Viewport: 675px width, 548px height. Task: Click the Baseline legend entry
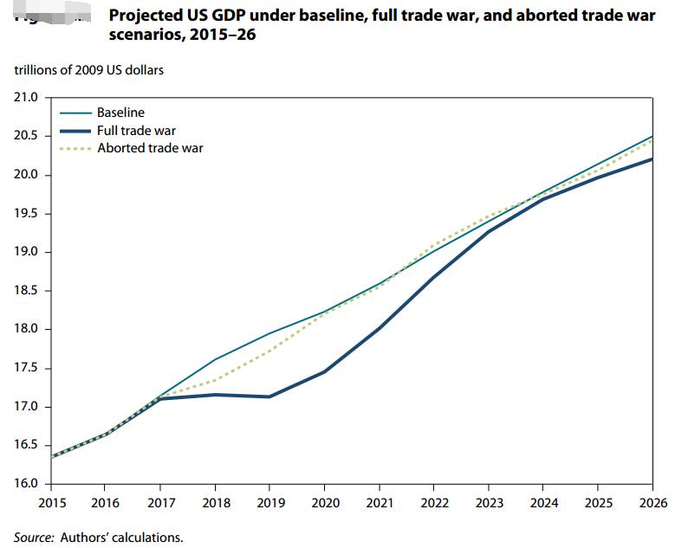(x=120, y=113)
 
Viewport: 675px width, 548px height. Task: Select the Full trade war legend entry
(x=136, y=130)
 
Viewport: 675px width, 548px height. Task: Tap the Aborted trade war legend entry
(x=150, y=148)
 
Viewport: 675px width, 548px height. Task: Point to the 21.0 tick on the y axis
(x=26, y=97)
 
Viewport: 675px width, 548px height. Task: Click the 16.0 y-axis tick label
(x=26, y=484)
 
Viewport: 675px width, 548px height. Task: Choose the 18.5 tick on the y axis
(x=26, y=291)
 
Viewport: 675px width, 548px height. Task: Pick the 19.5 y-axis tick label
(x=26, y=214)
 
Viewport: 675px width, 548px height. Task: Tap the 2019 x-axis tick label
(x=270, y=503)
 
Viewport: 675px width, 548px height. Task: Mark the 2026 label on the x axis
(x=654, y=503)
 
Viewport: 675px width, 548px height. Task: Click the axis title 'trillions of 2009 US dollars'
(x=88, y=69)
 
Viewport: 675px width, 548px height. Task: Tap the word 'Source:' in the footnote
(x=33, y=537)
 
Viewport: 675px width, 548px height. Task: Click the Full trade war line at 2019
(x=270, y=396)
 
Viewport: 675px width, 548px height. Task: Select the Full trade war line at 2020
(x=324, y=371)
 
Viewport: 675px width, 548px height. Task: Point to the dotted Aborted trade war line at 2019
(x=270, y=351)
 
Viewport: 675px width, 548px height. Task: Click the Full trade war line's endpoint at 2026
(x=652, y=159)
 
